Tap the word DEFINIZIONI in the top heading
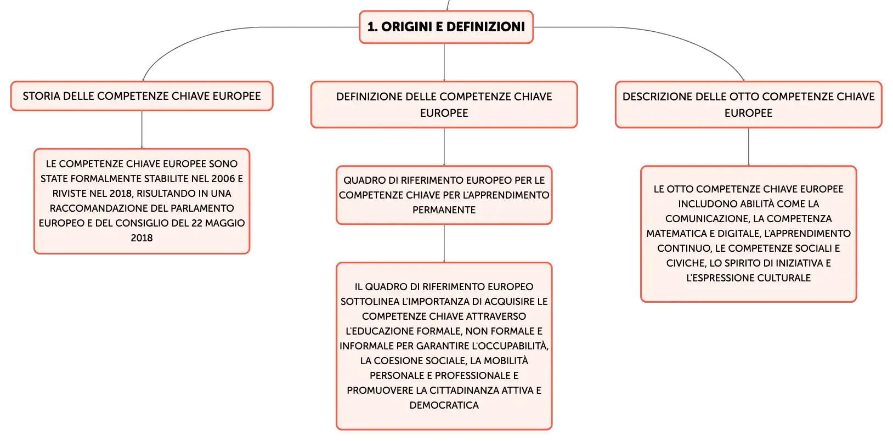[485, 27]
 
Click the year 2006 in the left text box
[223, 179]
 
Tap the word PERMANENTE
[444, 210]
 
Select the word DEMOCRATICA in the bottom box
[444, 405]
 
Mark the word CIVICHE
[685, 263]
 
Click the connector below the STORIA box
[142, 129]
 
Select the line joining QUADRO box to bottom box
[444, 243]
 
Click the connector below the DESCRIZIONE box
[749, 147]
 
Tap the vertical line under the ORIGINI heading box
[444, 62]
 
